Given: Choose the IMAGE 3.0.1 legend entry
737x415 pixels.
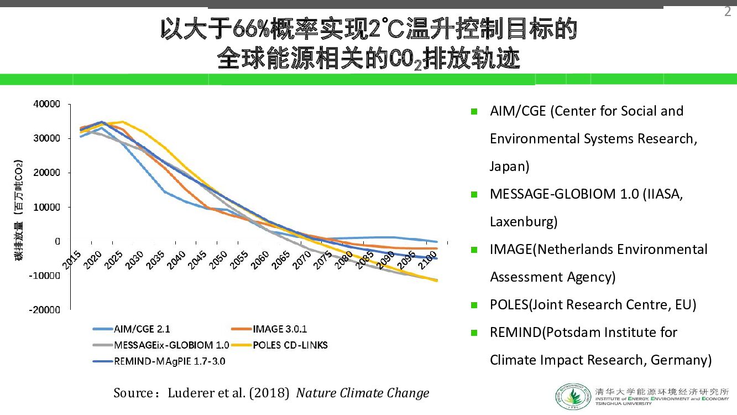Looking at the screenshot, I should (279, 330).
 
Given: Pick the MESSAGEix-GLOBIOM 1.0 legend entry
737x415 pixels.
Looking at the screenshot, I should (171, 345).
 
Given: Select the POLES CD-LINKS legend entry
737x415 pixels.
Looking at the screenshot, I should (290, 345).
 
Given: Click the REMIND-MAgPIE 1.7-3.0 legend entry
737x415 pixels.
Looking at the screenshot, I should (169, 361).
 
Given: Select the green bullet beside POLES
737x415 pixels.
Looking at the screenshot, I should (474, 305).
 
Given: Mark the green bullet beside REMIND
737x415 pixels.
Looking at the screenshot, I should (474, 333).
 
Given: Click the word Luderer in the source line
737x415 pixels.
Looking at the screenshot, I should (191, 393).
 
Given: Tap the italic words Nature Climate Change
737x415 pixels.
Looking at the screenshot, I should (363, 393).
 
